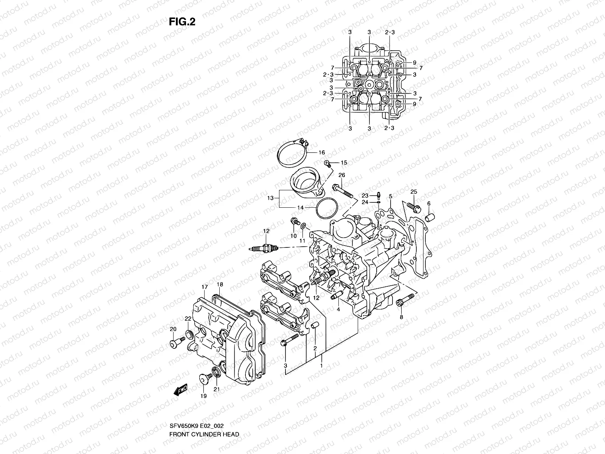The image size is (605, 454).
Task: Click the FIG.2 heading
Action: [182, 22]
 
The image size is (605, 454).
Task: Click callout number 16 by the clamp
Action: [321, 153]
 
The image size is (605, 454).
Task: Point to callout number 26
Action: [341, 175]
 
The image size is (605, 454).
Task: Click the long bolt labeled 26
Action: [343, 191]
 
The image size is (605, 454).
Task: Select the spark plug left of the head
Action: [265, 249]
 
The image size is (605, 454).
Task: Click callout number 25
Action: [414, 192]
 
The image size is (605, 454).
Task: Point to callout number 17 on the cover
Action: [204, 287]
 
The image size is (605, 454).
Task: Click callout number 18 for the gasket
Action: [220, 285]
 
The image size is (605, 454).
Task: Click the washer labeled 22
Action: [189, 334]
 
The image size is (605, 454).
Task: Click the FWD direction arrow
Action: [181, 391]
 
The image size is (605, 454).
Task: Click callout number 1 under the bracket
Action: [321, 366]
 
